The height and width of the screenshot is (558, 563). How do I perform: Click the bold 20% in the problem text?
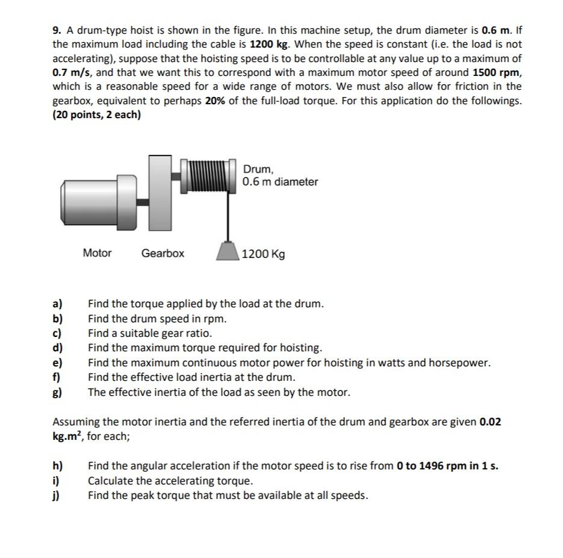(216, 101)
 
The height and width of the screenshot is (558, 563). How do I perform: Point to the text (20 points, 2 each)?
(96, 114)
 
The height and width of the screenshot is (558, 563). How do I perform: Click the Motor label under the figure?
(97, 253)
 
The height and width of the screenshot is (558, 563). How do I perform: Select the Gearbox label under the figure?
(163, 253)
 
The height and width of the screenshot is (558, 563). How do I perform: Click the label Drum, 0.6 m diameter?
(280, 175)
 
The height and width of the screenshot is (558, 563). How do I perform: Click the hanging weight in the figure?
(228, 250)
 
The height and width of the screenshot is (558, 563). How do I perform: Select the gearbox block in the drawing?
(161, 192)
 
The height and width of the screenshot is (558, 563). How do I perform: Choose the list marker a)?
(59, 304)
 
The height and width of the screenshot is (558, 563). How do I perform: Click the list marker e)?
(59, 363)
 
